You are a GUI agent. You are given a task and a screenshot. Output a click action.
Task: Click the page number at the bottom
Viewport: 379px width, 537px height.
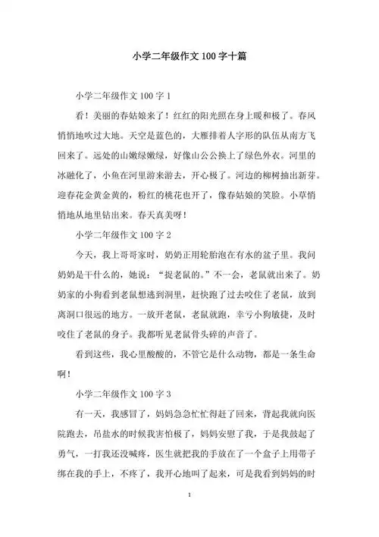[189, 517]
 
